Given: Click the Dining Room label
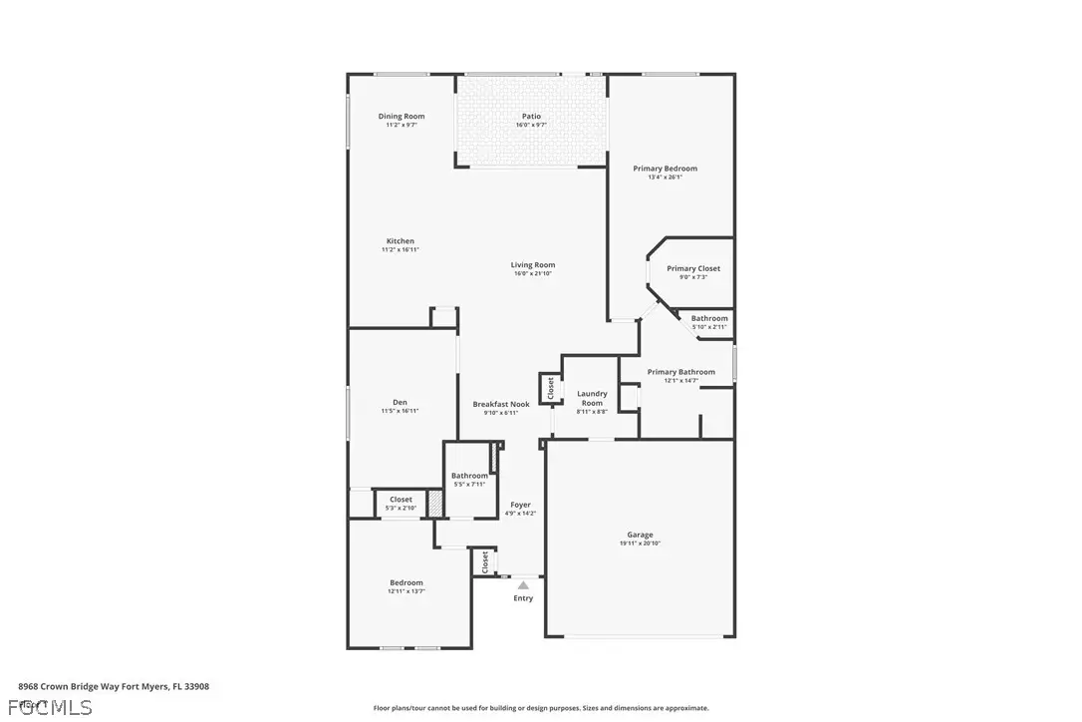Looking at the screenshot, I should click(x=401, y=117).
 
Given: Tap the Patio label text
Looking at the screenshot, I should click(x=531, y=117).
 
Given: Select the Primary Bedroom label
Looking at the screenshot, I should click(x=665, y=169).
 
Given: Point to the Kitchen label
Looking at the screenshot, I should click(x=401, y=241).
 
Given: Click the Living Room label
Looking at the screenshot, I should click(x=532, y=265).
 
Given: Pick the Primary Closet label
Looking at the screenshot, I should click(x=693, y=268).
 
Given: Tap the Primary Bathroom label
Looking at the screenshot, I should click(x=680, y=372).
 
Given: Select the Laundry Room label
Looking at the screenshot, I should click(x=592, y=398).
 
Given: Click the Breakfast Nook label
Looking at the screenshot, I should click(x=500, y=404).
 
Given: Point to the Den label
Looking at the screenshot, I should click(x=400, y=402).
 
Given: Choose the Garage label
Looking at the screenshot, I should click(x=640, y=535).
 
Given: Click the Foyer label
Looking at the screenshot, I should click(x=520, y=505).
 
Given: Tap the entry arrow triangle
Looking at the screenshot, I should click(x=523, y=585).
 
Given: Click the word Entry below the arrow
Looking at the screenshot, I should click(x=523, y=598).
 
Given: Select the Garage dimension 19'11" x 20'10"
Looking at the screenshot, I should click(x=640, y=543).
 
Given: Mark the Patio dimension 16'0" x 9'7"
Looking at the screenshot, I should click(x=531, y=126).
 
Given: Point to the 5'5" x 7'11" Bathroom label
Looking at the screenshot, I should click(x=469, y=476).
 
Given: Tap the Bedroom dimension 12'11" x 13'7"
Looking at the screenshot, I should click(x=406, y=591).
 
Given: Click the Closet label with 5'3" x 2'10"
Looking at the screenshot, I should click(x=401, y=500).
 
